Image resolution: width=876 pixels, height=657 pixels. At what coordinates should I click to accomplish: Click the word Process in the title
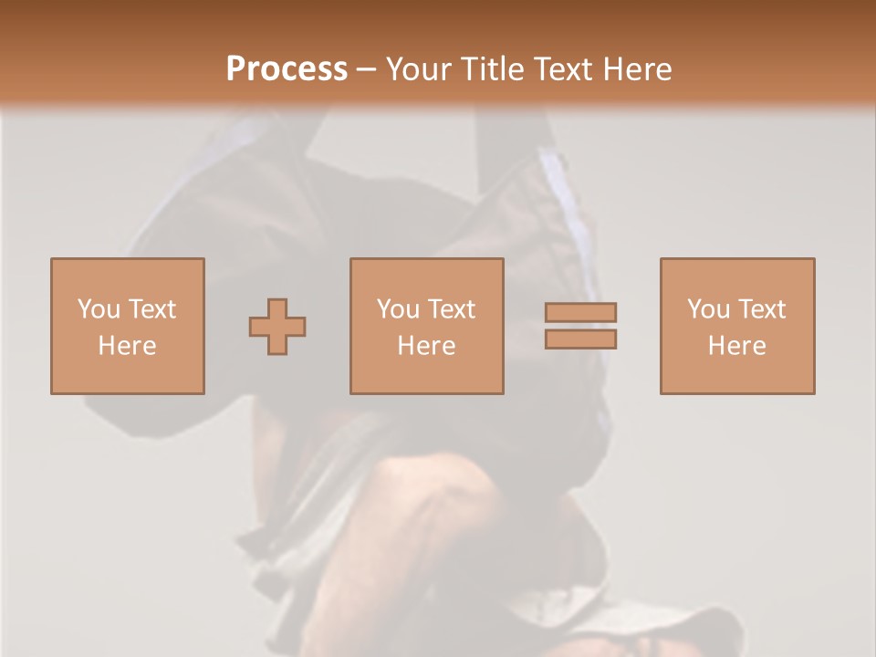coord(287,69)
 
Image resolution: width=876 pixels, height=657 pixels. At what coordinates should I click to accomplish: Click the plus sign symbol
coord(277,326)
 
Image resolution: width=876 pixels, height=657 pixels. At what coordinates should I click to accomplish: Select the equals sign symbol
coord(581,326)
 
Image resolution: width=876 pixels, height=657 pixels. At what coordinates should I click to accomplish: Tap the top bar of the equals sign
coord(581,312)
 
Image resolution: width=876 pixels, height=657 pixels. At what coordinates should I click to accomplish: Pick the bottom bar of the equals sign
coord(581,339)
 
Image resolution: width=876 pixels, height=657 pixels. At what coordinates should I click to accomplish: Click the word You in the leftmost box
coord(98,309)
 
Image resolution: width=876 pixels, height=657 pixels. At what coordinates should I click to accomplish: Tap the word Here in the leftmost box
coord(127,346)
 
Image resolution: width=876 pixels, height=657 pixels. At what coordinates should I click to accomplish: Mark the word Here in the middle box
coord(426,346)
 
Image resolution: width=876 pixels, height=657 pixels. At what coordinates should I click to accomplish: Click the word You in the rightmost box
coord(707,309)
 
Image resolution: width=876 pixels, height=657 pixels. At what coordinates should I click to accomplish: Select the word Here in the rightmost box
coord(736,346)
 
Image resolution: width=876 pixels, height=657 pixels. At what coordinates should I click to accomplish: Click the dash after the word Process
coord(367,70)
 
